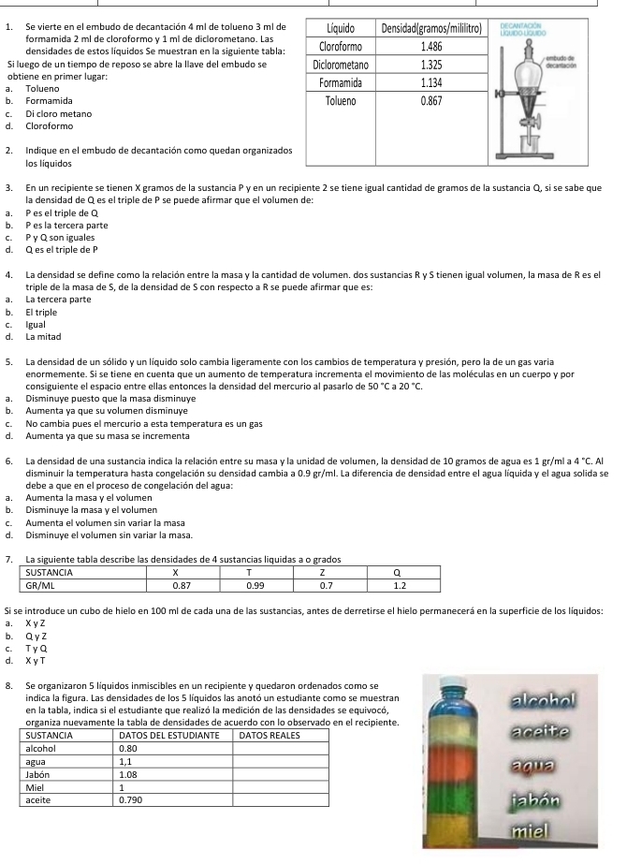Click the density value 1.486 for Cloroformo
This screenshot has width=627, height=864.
coord(432,45)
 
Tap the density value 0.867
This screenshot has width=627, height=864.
coord(432,98)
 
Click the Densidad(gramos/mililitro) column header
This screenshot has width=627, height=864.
coord(432,28)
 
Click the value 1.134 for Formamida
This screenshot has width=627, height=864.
coord(432,81)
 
